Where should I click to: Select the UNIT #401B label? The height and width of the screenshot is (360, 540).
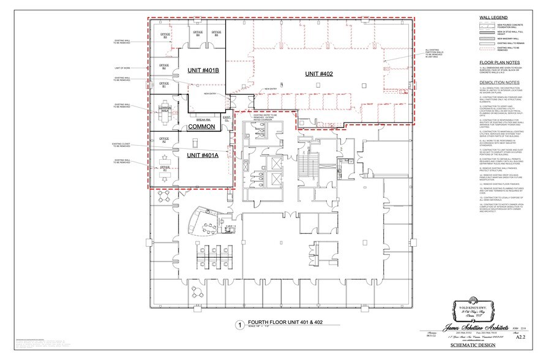tap(203, 72)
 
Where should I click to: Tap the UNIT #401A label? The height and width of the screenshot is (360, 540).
tap(201, 156)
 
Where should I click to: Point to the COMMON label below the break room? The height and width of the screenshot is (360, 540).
tap(201, 127)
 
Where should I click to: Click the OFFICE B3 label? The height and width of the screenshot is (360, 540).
tap(164, 35)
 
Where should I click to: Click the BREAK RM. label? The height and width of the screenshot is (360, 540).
tap(203, 120)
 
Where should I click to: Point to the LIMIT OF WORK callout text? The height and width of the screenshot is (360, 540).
tap(122, 68)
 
